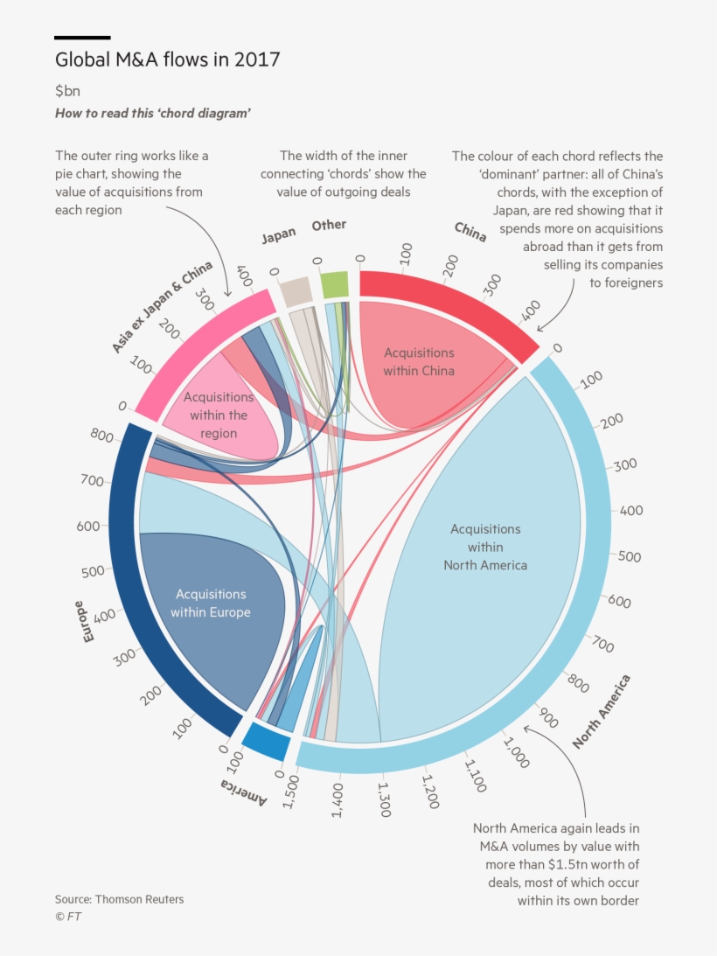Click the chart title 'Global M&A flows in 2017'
pos(167,60)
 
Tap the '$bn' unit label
pos(67,91)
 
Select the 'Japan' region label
pos(279,234)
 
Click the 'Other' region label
pos(329,226)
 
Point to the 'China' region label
pos(470,232)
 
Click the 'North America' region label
pos(602,712)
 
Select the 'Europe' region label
pos(88,622)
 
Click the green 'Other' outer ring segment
pos(335,285)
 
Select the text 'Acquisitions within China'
pos(419,361)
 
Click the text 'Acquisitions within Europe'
pos(211,604)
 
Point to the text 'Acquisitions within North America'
pos(485,547)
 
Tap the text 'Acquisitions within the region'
pos(219,415)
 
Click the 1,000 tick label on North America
pos(516,751)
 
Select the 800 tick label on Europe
pos(101,435)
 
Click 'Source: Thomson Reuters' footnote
pos(119,899)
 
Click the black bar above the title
pos(82,38)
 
